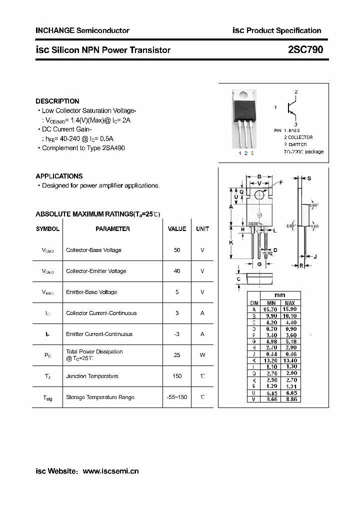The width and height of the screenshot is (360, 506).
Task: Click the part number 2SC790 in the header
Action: click(305, 50)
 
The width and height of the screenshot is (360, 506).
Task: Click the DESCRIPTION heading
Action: click(57, 101)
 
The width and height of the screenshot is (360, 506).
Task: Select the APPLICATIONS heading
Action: click(59, 176)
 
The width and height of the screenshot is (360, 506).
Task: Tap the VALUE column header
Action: click(177, 229)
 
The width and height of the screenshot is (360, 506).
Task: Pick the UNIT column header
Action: click(202, 229)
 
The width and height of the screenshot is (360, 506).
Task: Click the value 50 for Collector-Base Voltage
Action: click(177, 250)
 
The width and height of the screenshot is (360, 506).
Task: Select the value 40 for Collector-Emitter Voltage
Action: click(177, 271)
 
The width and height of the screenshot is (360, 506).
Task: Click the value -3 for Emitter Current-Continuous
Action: click(177, 334)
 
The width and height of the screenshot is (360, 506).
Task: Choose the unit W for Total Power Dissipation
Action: click(202, 355)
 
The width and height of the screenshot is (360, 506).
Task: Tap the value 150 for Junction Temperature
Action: click(177, 376)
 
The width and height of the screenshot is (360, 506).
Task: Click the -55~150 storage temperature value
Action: click(177, 397)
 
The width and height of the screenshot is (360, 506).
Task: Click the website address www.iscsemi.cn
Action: click(110, 471)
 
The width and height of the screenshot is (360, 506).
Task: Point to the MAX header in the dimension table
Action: click(289, 303)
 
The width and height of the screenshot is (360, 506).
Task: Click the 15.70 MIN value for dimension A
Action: click(271, 309)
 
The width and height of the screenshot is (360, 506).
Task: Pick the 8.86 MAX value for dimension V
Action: click(289, 399)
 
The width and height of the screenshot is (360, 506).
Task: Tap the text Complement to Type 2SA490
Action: click(83, 148)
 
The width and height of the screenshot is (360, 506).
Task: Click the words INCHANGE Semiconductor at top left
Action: click(82, 30)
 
